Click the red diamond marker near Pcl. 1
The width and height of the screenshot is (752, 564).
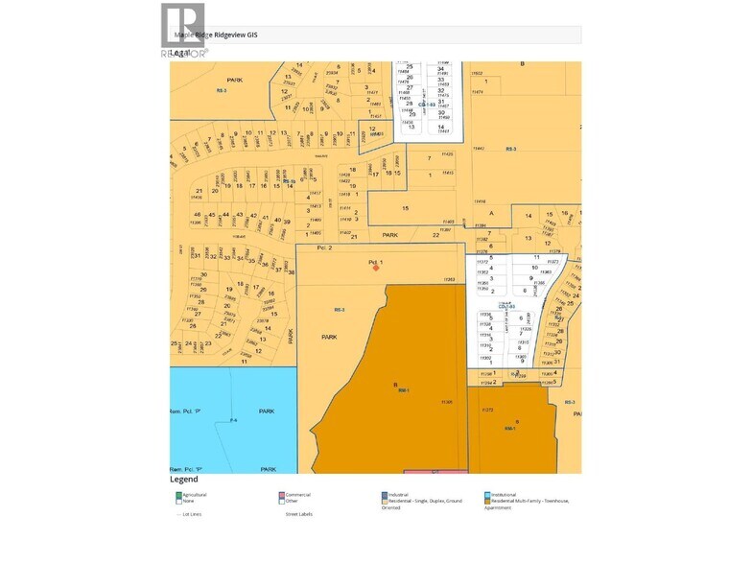pyautogui.click(x=375, y=268)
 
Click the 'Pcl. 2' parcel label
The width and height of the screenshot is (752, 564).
pyautogui.click(x=323, y=248)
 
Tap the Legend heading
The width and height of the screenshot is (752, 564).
pyautogui.click(x=184, y=480)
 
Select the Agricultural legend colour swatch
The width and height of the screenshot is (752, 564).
pyautogui.click(x=178, y=495)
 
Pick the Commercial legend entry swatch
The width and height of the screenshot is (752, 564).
pyautogui.click(x=282, y=495)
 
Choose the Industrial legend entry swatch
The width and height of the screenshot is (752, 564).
pyautogui.click(x=384, y=495)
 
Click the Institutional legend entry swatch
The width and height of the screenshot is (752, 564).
pyautogui.click(x=488, y=495)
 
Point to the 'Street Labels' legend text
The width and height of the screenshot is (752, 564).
pyautogui.click(x=300, y=514)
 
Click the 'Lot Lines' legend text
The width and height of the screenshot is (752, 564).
pyautogui.click(x=192, y=514)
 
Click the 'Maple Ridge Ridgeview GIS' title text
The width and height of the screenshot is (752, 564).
pyautogui.click(x=216, y=35)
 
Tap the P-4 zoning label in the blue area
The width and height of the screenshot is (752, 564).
pyautogui.click(x=233, y=421)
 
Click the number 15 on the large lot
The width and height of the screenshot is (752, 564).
pyautogui.click(x=406, y=208)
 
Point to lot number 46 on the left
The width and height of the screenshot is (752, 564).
pyautogui.click(x=197, y=214)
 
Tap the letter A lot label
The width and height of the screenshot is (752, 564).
pyautogui.click(x=491, y=212)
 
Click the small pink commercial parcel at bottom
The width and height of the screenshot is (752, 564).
pyautogui.click(x=435, y=471)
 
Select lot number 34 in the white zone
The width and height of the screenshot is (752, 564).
pyautogui.click(x=440, y=69)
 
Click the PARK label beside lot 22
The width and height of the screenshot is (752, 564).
pyautogui.click(x=389, y=235)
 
